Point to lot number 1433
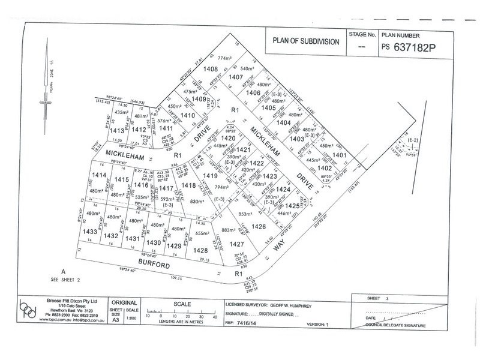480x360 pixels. (x=90, y=232)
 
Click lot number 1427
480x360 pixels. (x=237, y=244)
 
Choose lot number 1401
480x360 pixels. (x=340, y=155)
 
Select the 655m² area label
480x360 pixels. (x=201, y=233)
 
